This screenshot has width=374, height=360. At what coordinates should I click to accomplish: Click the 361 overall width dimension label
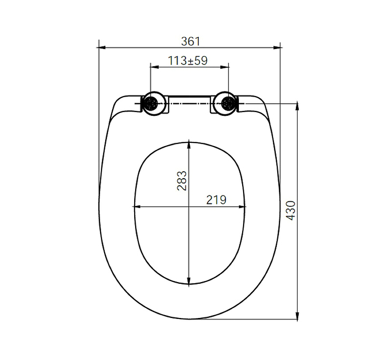(x=190, y=42)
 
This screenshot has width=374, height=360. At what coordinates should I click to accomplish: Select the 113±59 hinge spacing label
(x=188, y=61)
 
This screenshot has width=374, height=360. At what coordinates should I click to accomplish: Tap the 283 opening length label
(x=182, y=181)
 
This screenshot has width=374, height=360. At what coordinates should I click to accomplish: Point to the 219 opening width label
(x=216, y=200)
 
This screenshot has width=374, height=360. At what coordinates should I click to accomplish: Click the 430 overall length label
(x=291, y=211)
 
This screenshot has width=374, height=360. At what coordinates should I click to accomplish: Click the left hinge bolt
(x=151, y=103)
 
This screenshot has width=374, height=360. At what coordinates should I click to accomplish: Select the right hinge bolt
(x=228, y=103)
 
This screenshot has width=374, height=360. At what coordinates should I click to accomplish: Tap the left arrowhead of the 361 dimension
(x=102, y=48)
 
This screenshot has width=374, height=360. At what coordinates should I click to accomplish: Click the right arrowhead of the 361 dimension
(x=277, y=48)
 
